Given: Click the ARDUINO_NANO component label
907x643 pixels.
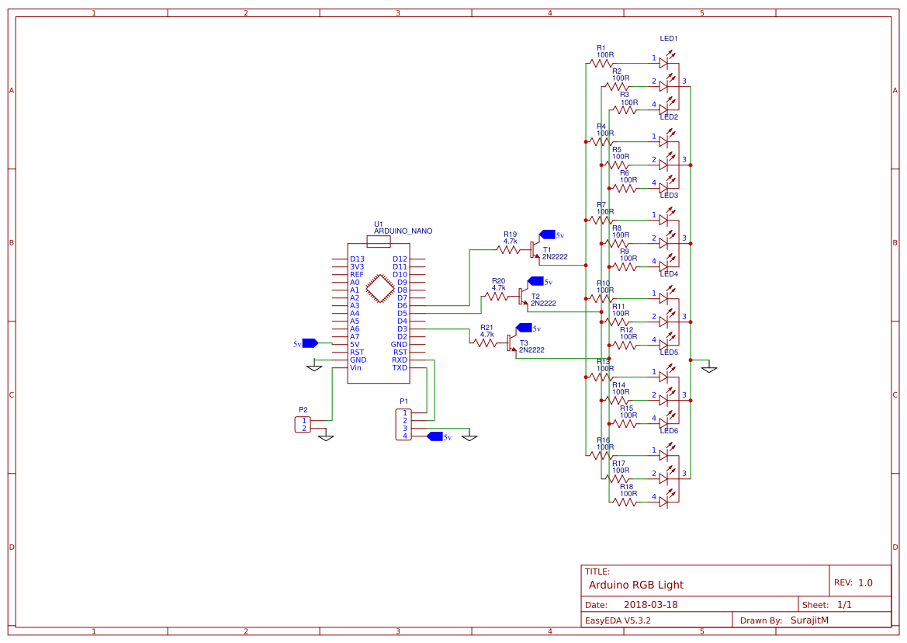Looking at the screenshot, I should pos(403,231).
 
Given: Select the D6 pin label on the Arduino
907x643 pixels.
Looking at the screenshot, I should pos(402,306).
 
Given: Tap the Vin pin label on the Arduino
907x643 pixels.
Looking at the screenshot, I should pos(355,368).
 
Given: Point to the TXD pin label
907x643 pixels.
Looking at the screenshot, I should pos(400,368).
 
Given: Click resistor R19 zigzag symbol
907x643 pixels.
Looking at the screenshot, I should pos(509,250).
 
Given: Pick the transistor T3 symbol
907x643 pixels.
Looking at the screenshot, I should pos(510,342).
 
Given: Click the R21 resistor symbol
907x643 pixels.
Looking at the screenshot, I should pos(486,342).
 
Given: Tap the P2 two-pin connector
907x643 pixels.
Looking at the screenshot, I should pos(303,424).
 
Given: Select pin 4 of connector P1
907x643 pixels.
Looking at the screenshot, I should pos(404,436).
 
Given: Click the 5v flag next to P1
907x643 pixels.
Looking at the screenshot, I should pos(435,436).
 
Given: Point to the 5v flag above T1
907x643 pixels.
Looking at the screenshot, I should pos(548,235).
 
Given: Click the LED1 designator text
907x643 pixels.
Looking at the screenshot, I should pos(669,39).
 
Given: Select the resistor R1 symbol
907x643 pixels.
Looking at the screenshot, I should pos(601,63).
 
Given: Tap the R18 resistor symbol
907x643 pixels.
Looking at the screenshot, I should pos(625,502).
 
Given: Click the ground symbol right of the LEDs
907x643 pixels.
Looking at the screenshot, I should pos(708,367).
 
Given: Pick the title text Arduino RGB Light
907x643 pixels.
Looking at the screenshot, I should pos(636,585).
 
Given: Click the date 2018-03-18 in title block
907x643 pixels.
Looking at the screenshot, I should pos(650,605).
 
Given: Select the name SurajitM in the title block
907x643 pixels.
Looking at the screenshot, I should pos(809,620).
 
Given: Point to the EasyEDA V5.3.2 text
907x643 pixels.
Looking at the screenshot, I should pos(618,620).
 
